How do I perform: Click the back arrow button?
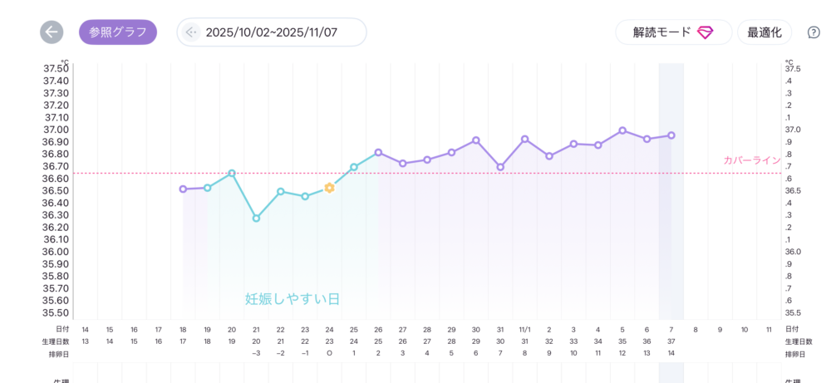coord(52,32)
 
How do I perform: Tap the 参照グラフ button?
coord(118,32)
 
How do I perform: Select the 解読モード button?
coord(673,32)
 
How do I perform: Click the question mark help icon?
coord(814,32)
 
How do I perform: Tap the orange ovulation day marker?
coord(330,188)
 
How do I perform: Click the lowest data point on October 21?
coord(256,219)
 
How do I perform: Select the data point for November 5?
coord(622,130)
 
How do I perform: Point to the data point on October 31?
coord(500,167)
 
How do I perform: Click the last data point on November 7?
coord(671,135)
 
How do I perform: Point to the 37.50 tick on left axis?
coord(56,68)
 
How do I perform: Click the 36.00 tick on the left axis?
coord(56,252)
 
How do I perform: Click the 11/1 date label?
coord(524,330)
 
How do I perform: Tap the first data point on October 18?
coord(183,189)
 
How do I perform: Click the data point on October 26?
coord(378,153)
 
